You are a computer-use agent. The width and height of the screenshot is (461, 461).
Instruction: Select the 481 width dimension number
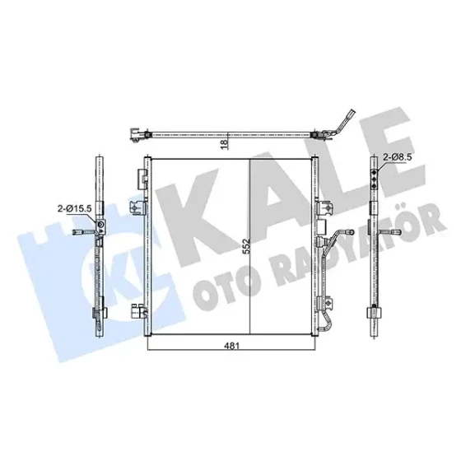pos(232,346)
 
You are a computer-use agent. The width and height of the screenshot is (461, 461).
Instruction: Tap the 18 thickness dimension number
pos(224,144)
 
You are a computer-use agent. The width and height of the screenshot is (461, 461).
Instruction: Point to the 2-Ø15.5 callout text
pos(75,208)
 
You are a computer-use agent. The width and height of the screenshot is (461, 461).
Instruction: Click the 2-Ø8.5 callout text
pos(397,157)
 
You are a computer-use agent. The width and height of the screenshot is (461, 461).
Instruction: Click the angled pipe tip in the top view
pos(352,114)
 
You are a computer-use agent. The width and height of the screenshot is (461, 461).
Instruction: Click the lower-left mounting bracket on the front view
pos(139,313)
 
